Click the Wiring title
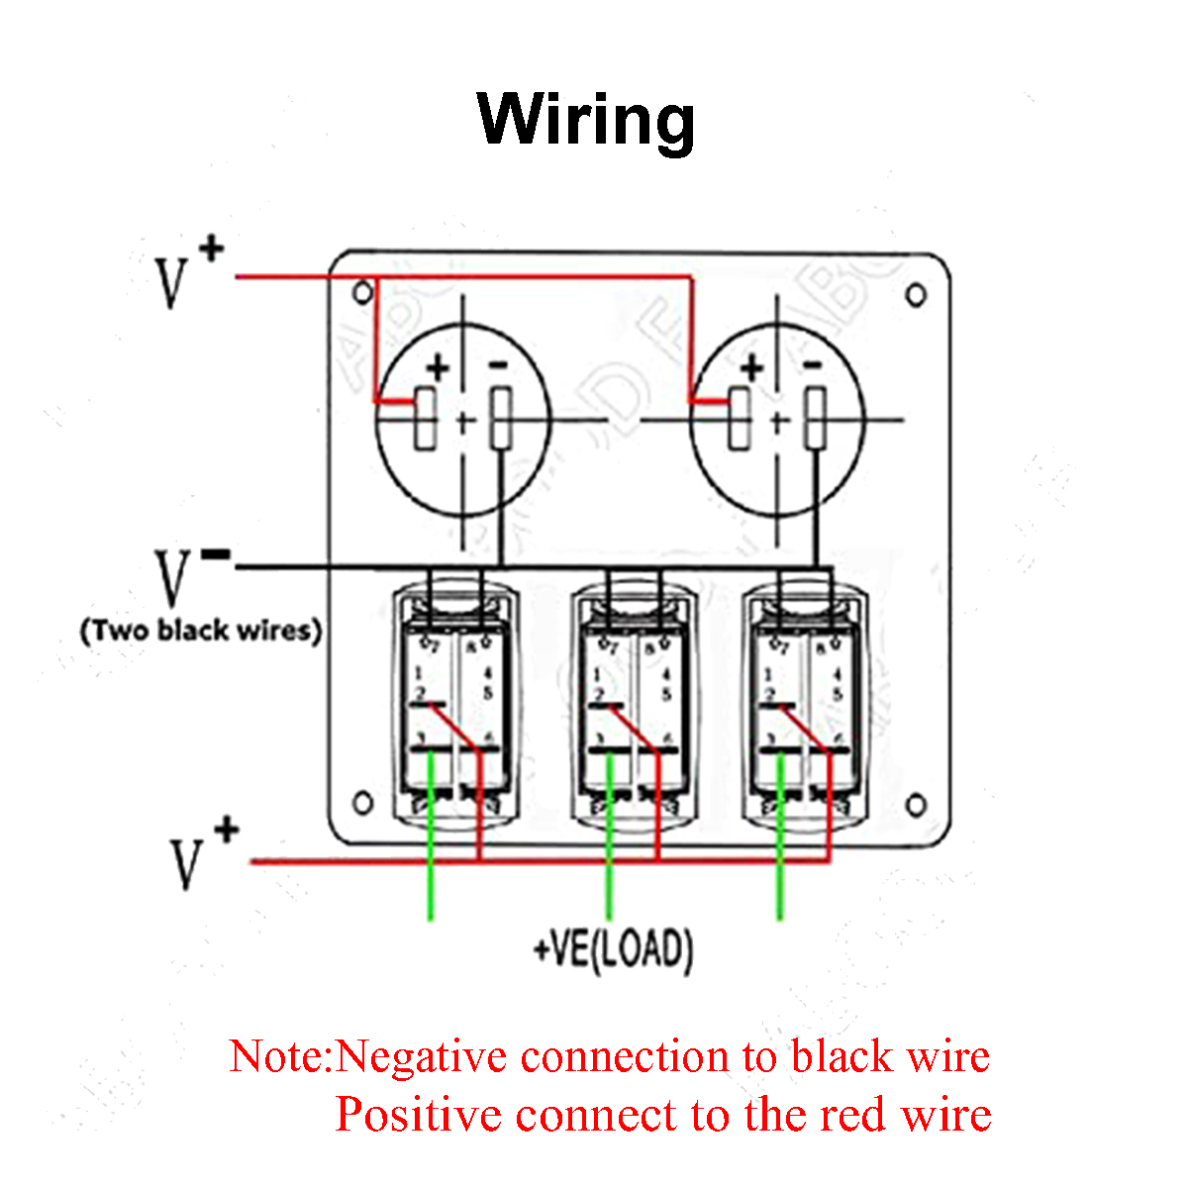coord(586,119)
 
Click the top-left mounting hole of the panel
coord(363,292)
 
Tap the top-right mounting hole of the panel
coord(916,294)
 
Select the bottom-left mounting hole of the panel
coord(363,802)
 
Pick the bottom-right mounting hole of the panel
coord(917,805)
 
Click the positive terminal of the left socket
coord(426,418)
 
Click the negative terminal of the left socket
coord(501,418)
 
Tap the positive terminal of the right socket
coord(740,418)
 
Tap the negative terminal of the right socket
coord(815,418)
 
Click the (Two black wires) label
coord(201,631)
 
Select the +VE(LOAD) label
coord(613,949)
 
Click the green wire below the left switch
coord(431,871)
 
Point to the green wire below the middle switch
coord(608,871)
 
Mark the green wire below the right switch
coord(780,871)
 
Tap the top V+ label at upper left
coord(186,271)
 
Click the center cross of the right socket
coord(778,423)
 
